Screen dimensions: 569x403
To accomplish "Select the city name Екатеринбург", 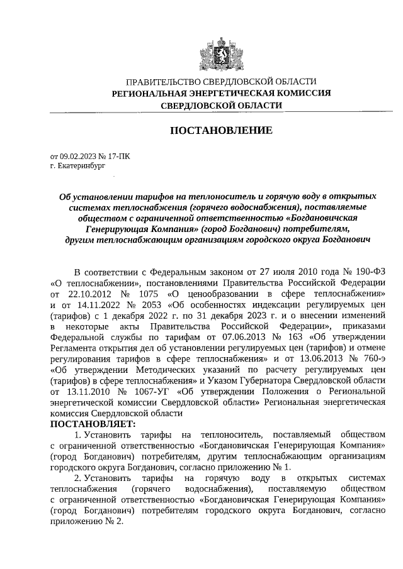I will (78, 167).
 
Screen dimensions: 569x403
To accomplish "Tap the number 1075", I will (147, 294).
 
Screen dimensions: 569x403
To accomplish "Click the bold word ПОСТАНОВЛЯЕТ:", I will (92, 424).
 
